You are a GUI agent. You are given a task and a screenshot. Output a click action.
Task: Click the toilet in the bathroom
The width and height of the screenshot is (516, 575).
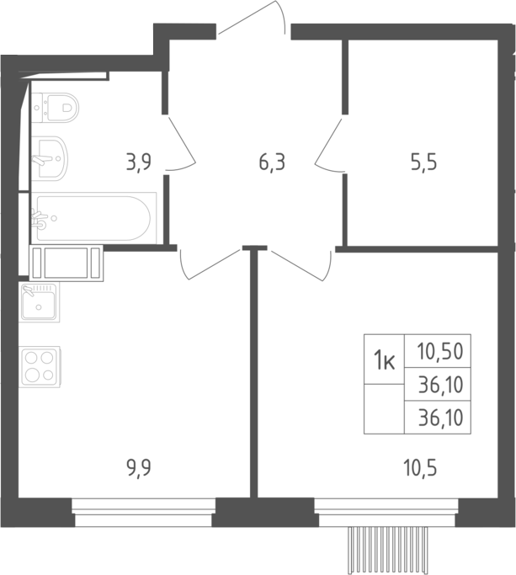pos(56,108)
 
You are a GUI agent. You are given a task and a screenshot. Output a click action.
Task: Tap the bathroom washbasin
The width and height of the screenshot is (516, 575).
pos(49,158)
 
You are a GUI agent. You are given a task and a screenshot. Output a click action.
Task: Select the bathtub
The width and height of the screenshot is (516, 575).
pos(93,218)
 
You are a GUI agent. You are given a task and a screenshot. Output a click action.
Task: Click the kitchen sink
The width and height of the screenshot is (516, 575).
pos(39,302)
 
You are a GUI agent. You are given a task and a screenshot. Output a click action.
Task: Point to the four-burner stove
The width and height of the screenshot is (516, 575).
pos(40,367)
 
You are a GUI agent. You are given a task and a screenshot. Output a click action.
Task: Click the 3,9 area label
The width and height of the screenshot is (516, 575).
pos(139,162)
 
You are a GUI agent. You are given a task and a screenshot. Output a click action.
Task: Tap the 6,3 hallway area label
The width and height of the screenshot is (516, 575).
pos(272,162)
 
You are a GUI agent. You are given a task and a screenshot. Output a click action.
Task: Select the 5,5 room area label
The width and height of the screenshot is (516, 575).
pos(424,162)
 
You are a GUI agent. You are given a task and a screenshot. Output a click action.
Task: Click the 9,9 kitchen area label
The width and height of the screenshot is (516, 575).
pos(139,468)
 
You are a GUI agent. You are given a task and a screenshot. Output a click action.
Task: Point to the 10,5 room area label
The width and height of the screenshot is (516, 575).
pos(420,468)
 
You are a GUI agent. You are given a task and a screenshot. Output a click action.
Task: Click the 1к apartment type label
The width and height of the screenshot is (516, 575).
pos(384,359)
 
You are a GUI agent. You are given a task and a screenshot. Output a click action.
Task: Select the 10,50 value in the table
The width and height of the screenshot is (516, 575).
pos(440,351)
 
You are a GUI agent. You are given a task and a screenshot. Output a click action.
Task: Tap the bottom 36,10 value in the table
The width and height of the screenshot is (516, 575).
pos(440,418)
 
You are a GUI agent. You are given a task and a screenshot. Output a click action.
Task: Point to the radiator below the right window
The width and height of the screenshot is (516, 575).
pos(388,550)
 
